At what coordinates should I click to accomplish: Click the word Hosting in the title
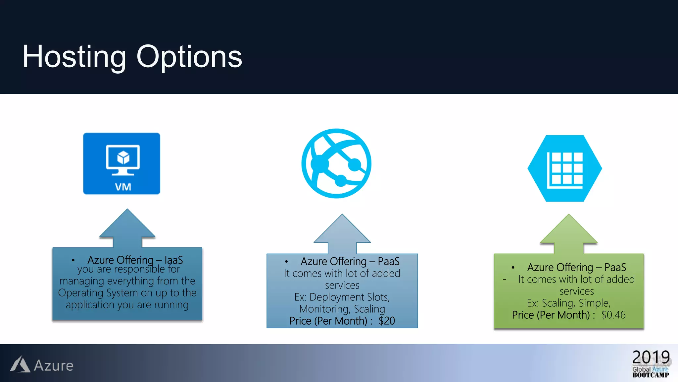[74, 57]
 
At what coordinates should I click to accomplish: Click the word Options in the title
[189, 57]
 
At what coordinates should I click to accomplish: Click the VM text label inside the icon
[123, 187]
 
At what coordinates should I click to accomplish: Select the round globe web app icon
[336, 163]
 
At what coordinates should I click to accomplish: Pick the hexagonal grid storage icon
[565, 168]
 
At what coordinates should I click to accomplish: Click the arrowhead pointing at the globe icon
[342, 230]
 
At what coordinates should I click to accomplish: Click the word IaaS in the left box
[173, 260]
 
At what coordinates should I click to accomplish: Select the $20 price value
[387, 321]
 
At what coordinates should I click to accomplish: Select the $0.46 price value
[613, 315]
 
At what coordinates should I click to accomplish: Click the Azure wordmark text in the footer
[54, 366]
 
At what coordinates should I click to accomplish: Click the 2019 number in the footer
[651, 357]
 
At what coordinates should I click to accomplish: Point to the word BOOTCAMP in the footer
[651, 375]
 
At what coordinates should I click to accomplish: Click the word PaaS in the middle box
[388, 262]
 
